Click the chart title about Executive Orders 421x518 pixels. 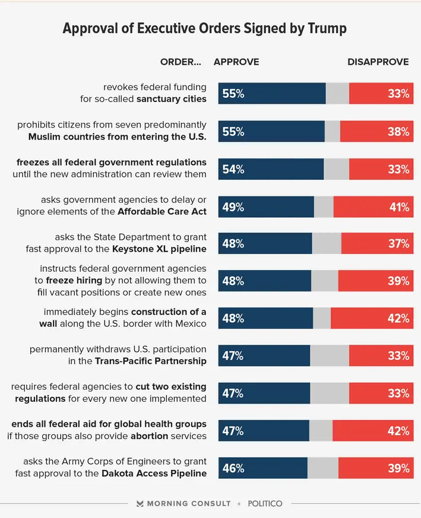tap(204, 28)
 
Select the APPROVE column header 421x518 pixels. tap(236, 62)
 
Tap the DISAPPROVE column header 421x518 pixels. tap(378, 62)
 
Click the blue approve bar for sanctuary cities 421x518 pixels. tap(272, 94)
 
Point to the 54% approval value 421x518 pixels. tap(233, 169)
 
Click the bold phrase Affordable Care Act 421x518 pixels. tap(162, 211)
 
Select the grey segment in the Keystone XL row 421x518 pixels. tap(327, 243)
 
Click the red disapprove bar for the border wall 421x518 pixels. tap(372, 318)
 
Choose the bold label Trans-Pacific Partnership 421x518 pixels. tap(151, 361)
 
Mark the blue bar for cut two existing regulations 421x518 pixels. tap(264, 393)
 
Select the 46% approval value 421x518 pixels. tap(233, 468)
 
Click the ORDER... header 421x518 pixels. tap(181, 62)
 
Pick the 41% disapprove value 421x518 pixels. tap(399, 207)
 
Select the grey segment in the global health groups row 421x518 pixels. tap(321, 431)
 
